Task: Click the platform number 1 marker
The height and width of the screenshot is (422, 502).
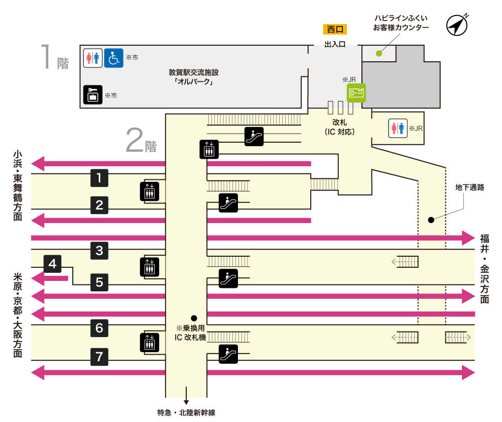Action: pyautogui.click(x=99, y=177)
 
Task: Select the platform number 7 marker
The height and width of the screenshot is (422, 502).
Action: pyautogui.click(x=99, y=357)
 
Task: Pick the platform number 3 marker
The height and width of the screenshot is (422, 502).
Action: pyautogui.click(x=99, y=251)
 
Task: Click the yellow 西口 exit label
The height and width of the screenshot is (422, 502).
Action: pyautogui.click(x=335, y=30)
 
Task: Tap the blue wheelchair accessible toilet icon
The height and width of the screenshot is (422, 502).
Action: pyautogui.click(x=114, y=58)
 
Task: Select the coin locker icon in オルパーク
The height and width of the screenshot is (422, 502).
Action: pyautogui.click(x=93, y=94)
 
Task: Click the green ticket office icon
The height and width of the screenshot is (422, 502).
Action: pyautogui.click(x=356, y=93)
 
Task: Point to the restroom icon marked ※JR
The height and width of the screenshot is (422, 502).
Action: pyautogui.click(x=398, y=128)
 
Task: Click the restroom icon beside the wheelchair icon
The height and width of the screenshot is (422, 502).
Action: pyautogui.click(x=93, y=58)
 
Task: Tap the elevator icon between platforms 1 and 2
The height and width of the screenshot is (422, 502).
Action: pyautogui.click(x=150, y=191)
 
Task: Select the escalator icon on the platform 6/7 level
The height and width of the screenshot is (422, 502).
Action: pyautogui.click(x=228, y=354)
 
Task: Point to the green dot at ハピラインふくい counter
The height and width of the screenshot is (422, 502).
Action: pyautogui.click(x=379, y=53)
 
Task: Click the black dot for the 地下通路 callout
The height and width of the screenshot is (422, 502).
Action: pyautogui.click(x=431, y=220)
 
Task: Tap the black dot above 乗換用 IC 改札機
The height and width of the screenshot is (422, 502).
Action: pyautogui.click(x=194, y=318)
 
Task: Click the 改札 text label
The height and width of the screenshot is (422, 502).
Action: pyautogui.click(x=340, y=122)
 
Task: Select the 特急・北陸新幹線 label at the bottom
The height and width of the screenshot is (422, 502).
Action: pyautogui.click(x=186, y=413)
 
